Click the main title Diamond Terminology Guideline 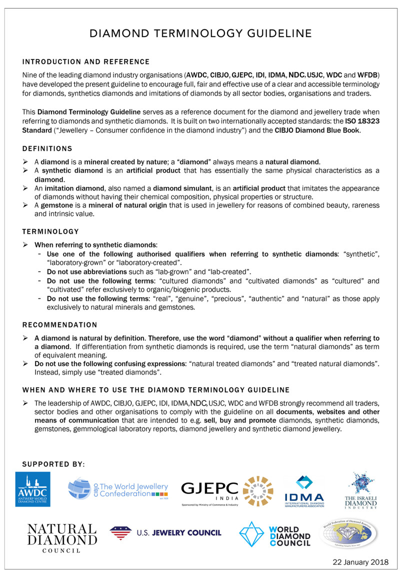click(x=200, y=33)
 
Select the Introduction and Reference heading click(x=86, y=62)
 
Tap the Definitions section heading click(x=47, y=149)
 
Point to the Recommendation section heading click(x=60, y=324)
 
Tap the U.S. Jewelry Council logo click(x=165, y=533)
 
